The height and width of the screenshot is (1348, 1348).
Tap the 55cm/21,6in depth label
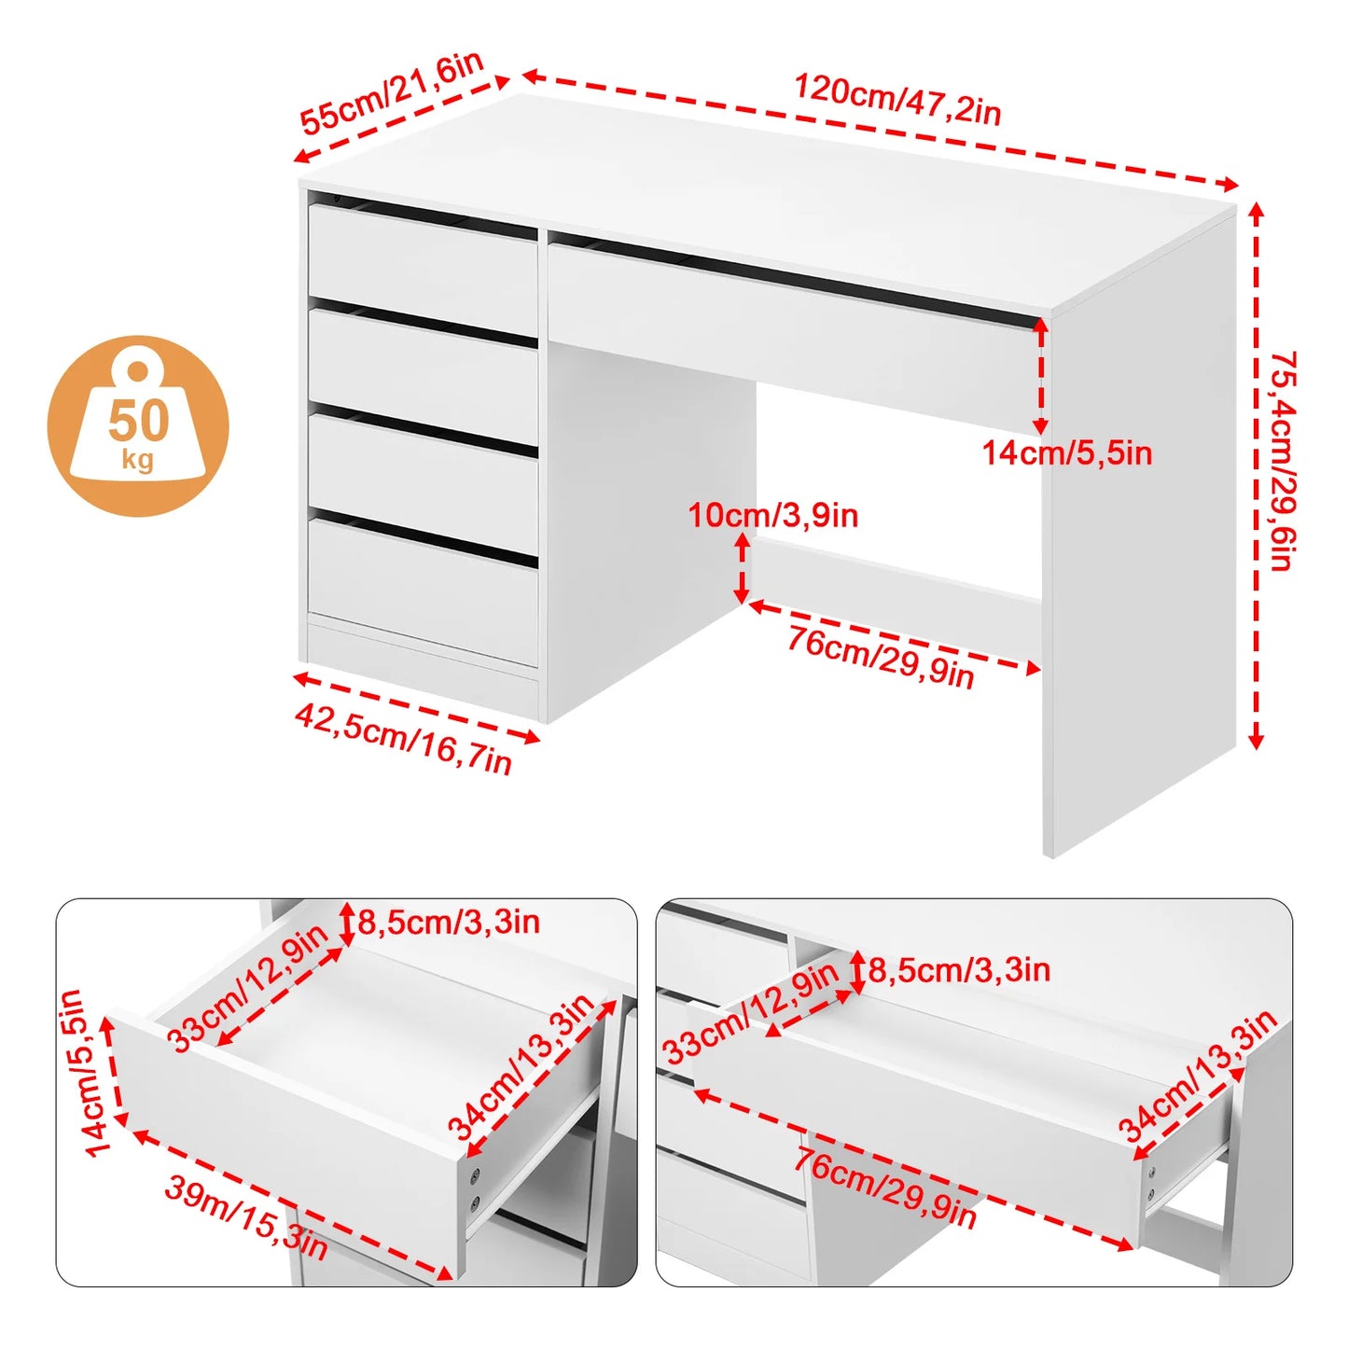[392, 91]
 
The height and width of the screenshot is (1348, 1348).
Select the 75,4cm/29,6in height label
[1284, 461]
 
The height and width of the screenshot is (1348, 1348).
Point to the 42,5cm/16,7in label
[404, 739]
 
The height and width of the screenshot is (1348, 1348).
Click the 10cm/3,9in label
[773, 516]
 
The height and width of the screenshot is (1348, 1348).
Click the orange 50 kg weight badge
[138, 426]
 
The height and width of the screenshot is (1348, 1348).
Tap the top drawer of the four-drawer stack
[423, 261]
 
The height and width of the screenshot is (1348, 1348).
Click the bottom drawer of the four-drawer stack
[423, 591]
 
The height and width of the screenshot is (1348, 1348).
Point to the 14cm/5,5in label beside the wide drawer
[1067, 454]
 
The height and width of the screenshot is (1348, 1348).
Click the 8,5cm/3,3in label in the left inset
[449, 922]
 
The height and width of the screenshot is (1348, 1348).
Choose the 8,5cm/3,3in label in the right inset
[959, 969]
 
